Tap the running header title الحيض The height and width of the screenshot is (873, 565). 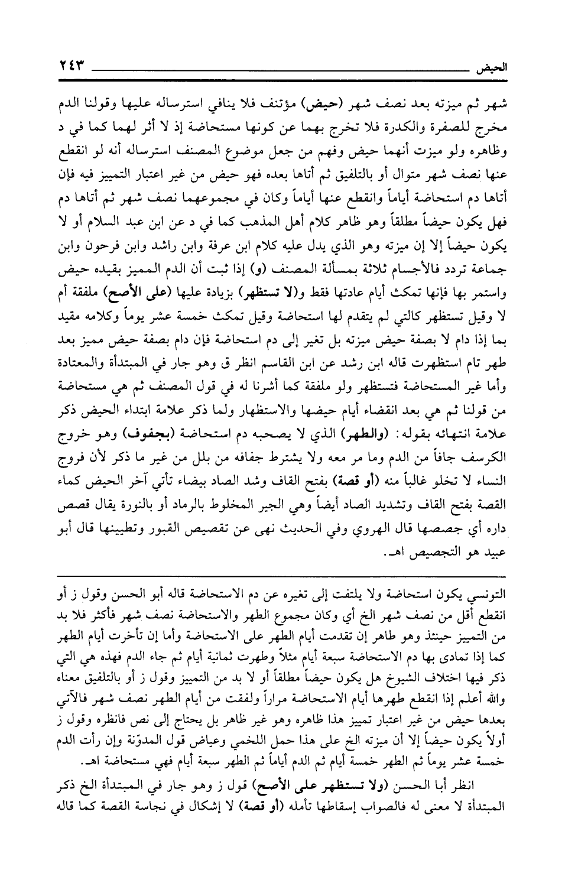coord(492,66)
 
